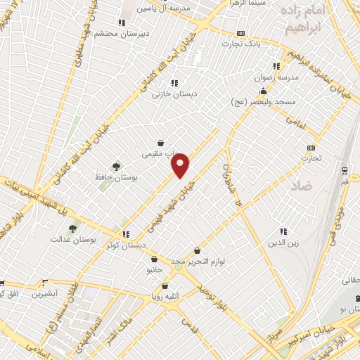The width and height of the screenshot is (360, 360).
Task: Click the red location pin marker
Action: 181,166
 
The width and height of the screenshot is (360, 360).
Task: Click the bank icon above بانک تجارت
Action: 240,33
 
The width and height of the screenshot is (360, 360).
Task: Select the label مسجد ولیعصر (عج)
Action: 263,103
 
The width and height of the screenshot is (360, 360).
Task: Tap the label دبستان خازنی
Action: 176,93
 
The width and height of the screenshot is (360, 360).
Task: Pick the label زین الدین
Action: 283,243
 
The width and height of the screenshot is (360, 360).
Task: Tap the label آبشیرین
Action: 44,292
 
